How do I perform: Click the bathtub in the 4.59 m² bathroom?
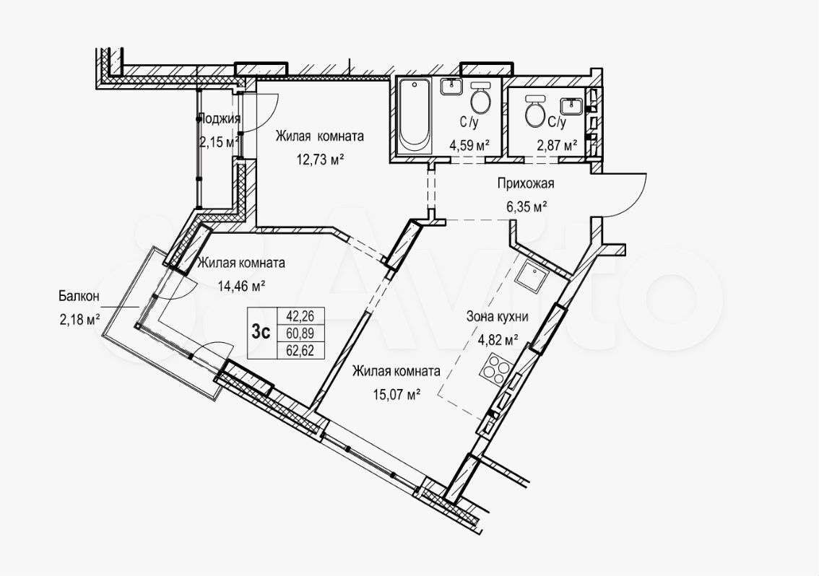pos(415,116)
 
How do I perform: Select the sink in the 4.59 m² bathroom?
pos(451,87)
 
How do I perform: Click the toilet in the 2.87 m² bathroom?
pos(535,111)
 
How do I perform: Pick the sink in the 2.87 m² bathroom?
pos(572,106)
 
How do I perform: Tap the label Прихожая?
pos(526,183)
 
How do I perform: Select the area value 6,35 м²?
pos(526,206)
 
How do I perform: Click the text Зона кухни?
pos(497,316)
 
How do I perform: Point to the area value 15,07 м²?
pos(396,395)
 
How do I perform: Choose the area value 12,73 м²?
pos(321,160)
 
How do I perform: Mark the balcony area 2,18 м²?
pos(79,320)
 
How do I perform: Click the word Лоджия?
pos(220,118)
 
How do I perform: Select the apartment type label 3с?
pos(261,332)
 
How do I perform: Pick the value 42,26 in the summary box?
pos(300,315)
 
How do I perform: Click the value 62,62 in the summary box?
pos(300,350)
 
